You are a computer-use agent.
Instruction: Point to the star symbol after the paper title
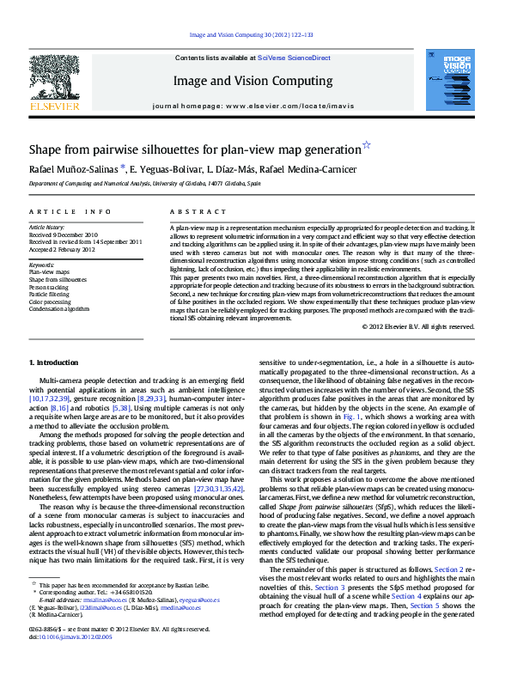click(x=367, y=145)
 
